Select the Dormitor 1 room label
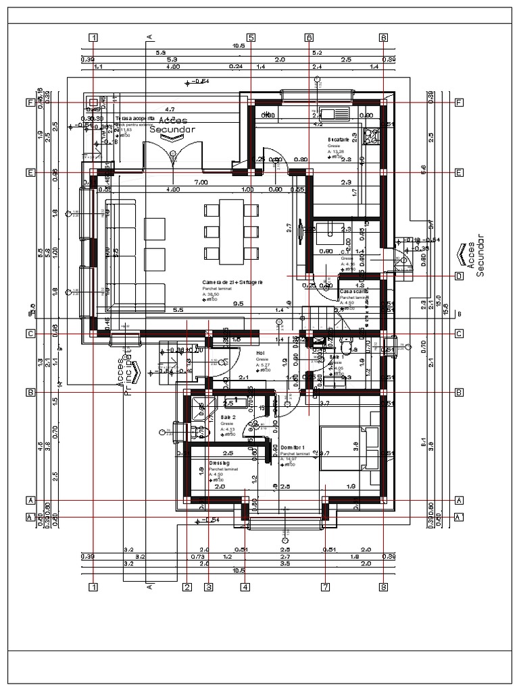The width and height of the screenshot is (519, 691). (294, 447)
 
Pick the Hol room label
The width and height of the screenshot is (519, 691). (259, 353)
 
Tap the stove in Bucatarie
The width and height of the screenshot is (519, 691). (370, 136)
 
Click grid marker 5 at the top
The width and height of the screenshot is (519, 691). (251, 38)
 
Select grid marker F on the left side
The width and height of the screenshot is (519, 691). (30, 103)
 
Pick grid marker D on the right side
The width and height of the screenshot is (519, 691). (459, 276)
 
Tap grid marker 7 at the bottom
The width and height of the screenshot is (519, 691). (325, 587)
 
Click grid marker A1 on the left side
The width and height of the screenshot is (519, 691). (30, 518)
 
